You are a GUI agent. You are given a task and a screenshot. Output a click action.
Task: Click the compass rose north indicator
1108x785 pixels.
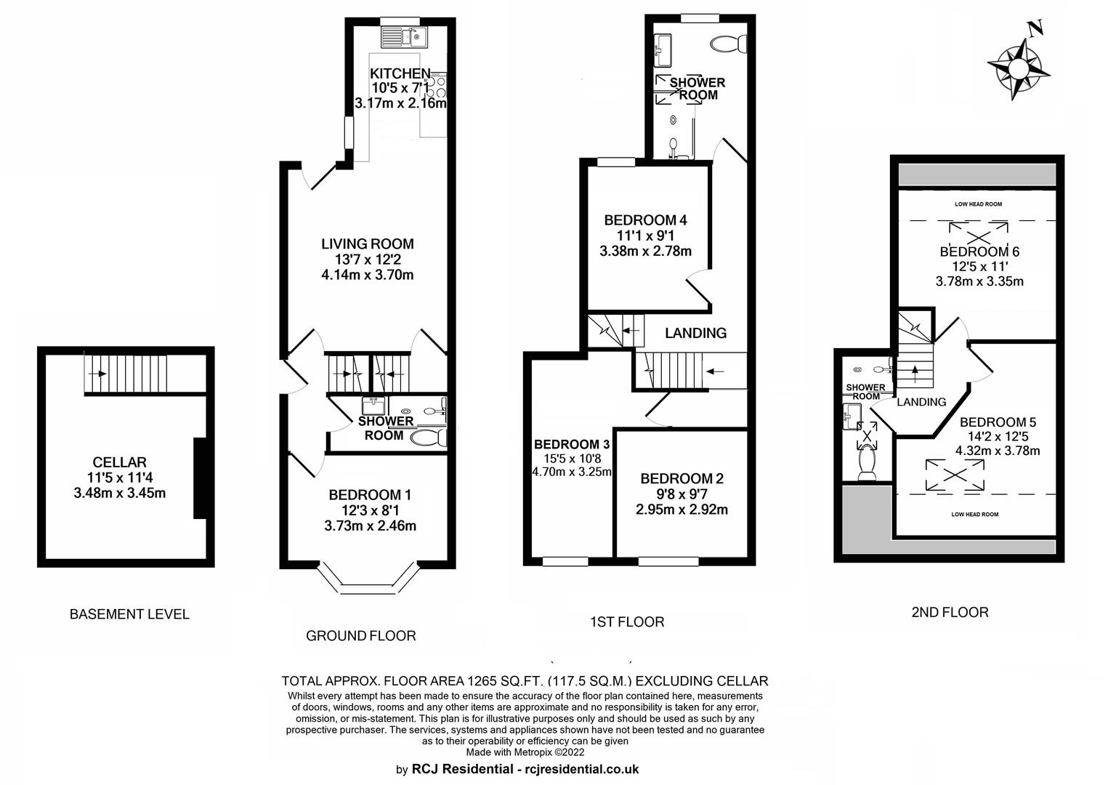(1019, 67)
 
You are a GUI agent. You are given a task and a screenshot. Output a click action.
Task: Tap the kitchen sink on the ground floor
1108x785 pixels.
(404, 36)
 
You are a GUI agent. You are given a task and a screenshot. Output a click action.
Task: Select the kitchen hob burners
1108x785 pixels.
(439, 86)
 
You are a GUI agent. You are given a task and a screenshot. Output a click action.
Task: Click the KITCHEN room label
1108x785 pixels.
(400, 73)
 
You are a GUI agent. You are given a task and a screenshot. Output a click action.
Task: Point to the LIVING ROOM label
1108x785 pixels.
(368, 243)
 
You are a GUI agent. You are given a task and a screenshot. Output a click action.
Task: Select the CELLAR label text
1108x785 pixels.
(120, 462)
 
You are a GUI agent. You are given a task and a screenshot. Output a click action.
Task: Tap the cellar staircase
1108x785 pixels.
(126, 373)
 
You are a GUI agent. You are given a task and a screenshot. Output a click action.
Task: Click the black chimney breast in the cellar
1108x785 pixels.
(199, 478)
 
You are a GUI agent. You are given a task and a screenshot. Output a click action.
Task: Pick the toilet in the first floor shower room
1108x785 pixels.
(728, 44)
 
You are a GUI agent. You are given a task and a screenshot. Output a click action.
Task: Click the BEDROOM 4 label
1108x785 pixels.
(645, 220)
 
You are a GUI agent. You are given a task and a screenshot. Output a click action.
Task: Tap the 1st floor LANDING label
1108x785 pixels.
(695, 333)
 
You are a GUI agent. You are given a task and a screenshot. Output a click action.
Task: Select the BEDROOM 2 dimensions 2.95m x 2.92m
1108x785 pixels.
(682, 510)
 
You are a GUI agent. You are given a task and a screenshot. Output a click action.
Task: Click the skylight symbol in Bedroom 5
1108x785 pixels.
(955, 475)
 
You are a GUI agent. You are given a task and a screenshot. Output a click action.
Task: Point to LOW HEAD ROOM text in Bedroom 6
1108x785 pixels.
(979, 204)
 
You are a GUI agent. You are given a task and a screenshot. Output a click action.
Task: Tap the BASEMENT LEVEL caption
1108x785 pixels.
(129, 614)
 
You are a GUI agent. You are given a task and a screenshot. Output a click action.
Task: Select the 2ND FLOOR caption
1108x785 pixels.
(950, 612)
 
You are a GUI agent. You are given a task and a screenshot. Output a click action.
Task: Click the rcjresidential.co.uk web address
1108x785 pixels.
(582, 769)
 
